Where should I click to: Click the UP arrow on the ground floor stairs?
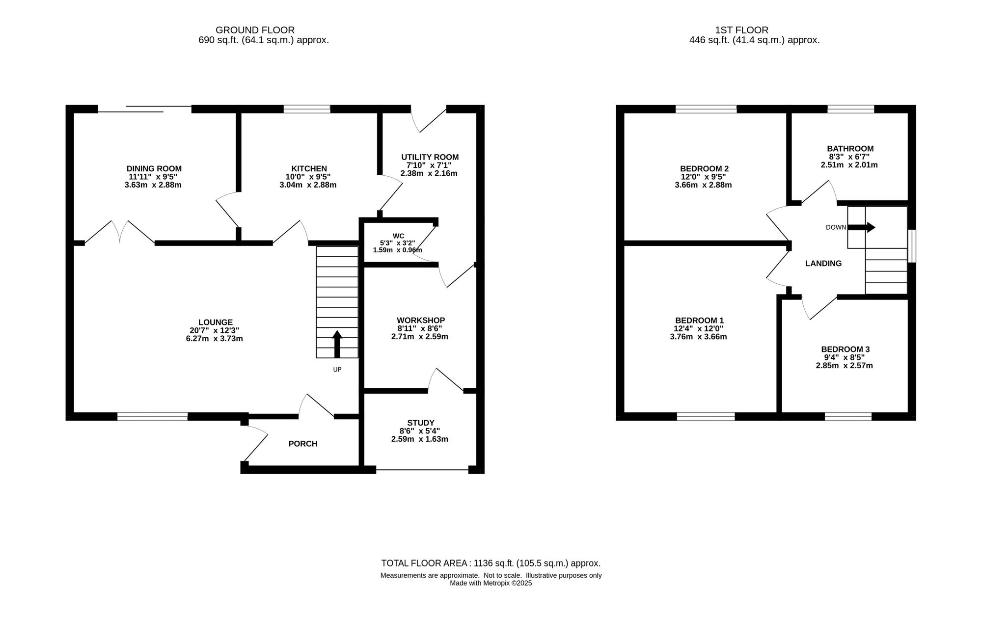pyautogui.click(x=337, y=344)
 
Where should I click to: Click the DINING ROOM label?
pyautogui.click(x=154, y=169)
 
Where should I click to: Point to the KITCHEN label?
pyautogui.click(x=309, y=169)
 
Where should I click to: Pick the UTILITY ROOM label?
pyautogui.click(x=430, y=157)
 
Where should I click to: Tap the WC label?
pyautogui.click(x=398, y=236)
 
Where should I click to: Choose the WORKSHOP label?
pyautogui.click(x=421, y=321)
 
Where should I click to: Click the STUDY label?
pyautogui.click(x=421, y=423)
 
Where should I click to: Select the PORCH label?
pyautogui.click(x=303, y=444)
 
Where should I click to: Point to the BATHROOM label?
pyautogui.click(x=850, y=148)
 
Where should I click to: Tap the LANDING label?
pyautogui.click(x=823, y=264)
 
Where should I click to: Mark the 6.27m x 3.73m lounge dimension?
pyautogui.click(x=215, y=339)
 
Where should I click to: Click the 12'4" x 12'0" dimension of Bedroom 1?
pyautogui.click(x=699, y=328)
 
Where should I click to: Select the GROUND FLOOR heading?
pyautogui.click(x=255, y=30)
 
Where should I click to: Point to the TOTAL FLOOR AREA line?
pyautogui.click(x=491, y=564)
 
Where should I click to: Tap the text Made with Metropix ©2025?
pyautogui.click(x=491, y=583)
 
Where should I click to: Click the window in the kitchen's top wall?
pyautogui.click(x=307, y=109)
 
